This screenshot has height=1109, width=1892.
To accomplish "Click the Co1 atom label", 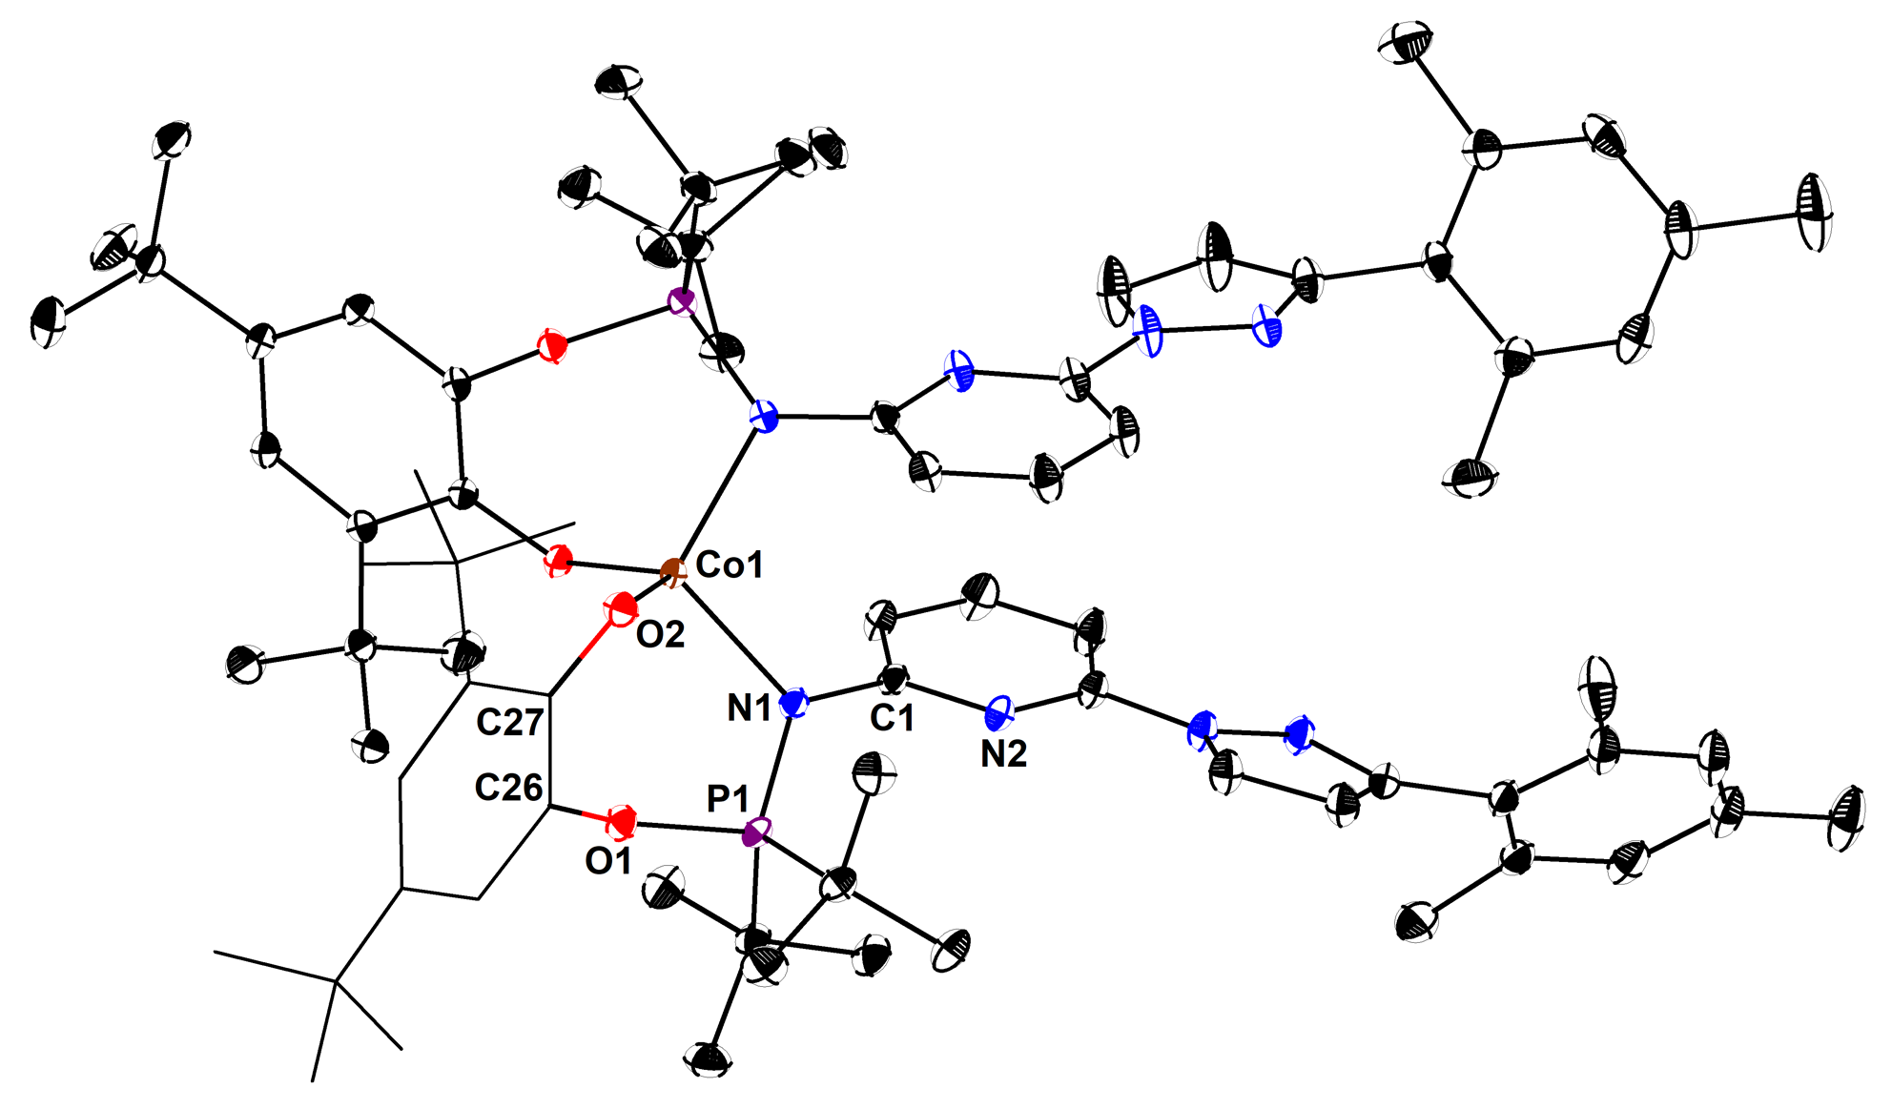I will pos(730,565).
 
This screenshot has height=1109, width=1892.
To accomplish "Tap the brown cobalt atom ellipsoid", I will pos(672,573).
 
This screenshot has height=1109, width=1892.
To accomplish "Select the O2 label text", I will pos(660,634).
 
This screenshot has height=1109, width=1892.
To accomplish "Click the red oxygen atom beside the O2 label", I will pos(622,607).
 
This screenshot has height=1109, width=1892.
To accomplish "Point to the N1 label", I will pos(750,708).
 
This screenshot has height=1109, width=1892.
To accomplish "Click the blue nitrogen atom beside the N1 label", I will pos(793,704).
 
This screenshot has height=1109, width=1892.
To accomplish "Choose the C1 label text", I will pos(893,717).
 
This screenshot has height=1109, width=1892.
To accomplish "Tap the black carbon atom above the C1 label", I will pos(894,680).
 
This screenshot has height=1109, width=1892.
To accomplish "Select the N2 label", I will pos(1003,754).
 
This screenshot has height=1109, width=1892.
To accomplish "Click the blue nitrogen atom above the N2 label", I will pos(998,711).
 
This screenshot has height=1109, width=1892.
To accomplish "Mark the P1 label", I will pos(728,799).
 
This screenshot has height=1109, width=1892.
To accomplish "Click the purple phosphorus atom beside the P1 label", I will pos(756,832).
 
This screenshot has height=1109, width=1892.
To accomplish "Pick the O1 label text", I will pos(608,861).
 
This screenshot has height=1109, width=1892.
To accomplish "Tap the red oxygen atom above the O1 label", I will pos(623,820).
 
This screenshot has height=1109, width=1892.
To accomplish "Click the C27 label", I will pos(510,723).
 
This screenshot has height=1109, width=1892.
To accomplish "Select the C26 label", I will pos(509,788).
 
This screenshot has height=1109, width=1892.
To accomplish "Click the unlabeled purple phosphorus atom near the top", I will pos(681,303).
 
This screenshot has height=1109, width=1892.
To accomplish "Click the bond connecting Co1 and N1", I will pos(732,638).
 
